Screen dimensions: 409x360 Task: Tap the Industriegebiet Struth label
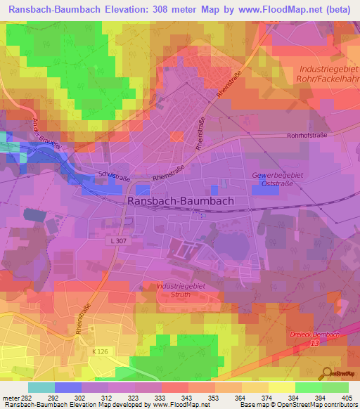click(175, 290)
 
